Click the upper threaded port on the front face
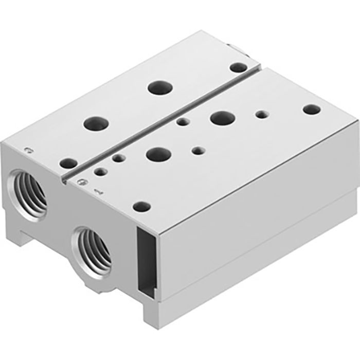tap(29, 192)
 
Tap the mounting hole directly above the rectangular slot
tap(141, 207)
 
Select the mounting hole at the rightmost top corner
tap(311, 109)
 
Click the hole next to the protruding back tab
tap(238, 67)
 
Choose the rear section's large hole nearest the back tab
tap(159, 87)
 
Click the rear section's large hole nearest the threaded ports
tap(97, 123)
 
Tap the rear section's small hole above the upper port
tap(68, 164)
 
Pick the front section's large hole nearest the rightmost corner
tap(223, 118)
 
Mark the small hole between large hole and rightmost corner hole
tap(262, 114)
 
